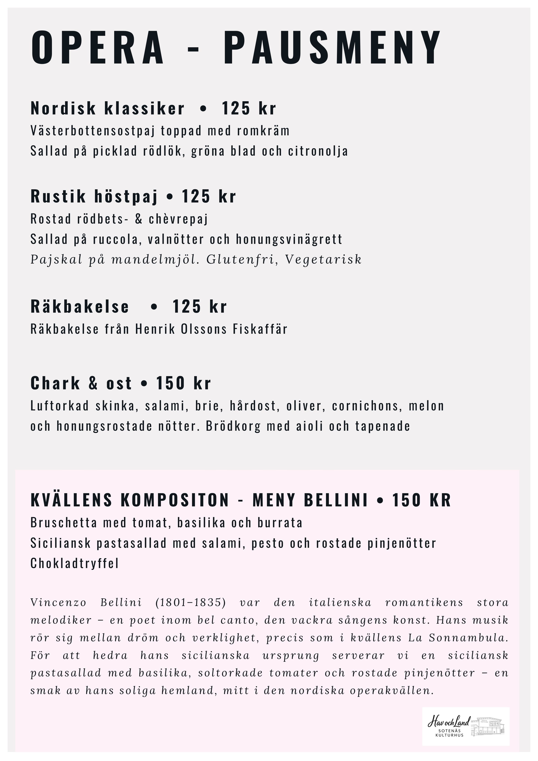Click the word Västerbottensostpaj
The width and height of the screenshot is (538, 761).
pyautogui.click(x=93, y=131)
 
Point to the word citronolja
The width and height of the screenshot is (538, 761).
pyautogui.click(x=318, y=151)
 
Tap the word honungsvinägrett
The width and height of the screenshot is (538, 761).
pyautogui.click(x=289, y=239)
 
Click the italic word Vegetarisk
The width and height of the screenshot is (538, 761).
pyautogui.click(x=323, y=260)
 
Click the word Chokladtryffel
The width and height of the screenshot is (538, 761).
pyautogui.click(x=75, y=564)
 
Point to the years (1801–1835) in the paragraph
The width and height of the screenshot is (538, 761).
pyautogui.click(x=190, y=602)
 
